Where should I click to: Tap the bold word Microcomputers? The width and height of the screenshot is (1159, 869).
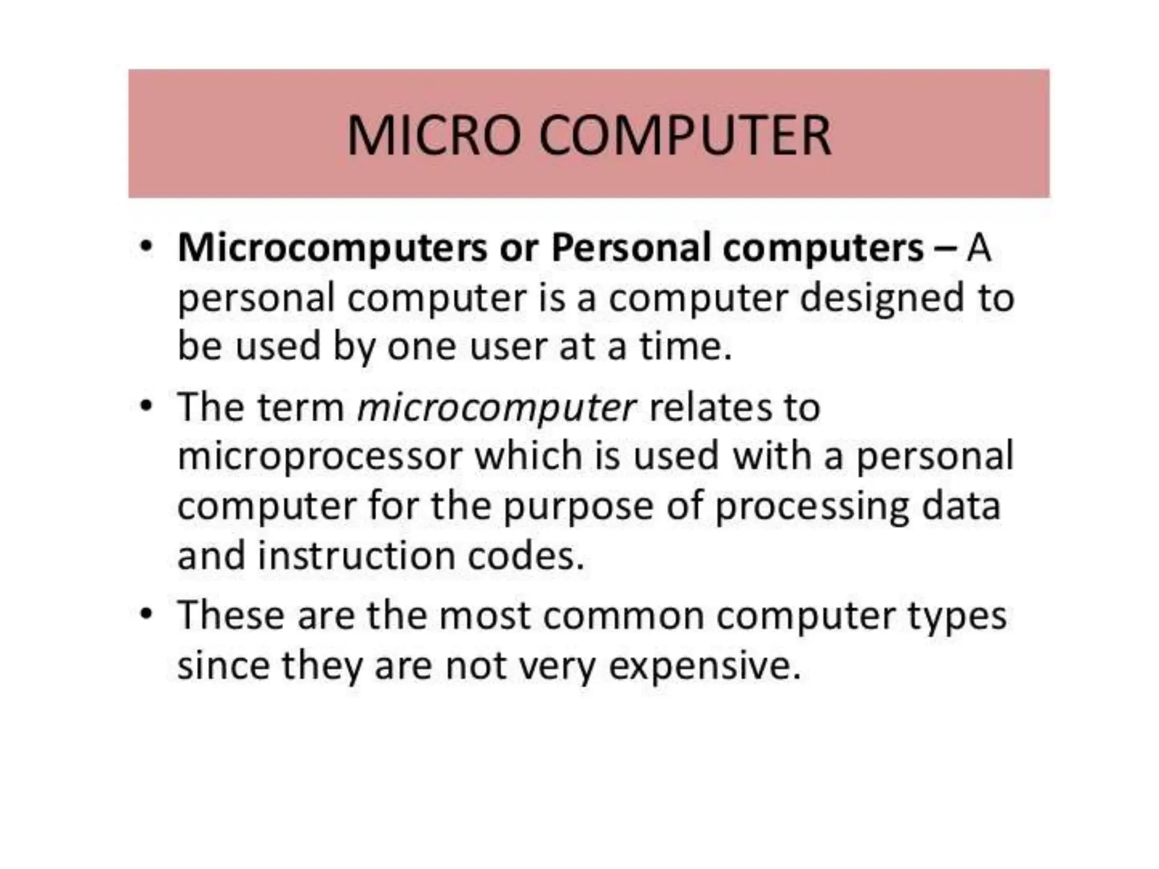(332, 248)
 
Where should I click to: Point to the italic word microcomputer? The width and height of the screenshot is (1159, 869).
(497, 407)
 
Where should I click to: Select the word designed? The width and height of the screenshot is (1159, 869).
(881, 298)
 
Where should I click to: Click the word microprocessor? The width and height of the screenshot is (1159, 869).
(320, 456)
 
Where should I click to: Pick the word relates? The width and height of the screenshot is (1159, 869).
(710, 407)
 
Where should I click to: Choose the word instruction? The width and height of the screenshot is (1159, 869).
(357, 556)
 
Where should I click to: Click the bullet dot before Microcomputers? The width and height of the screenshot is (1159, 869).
(147, 247)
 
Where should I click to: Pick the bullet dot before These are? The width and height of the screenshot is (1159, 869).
(147, 614)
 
